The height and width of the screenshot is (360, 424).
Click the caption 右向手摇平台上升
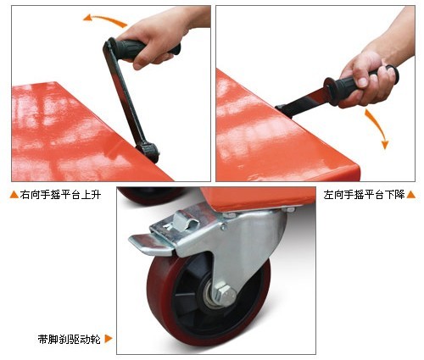[60, 195]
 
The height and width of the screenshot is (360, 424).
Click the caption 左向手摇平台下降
[365, 195]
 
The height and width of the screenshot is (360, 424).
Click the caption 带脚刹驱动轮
[70, 339]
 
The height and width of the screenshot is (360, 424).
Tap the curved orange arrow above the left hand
[105, 19]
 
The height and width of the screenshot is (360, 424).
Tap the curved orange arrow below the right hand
[378, 126]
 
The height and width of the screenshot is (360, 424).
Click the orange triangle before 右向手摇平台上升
[14, 195]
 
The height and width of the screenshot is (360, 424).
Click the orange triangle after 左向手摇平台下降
[411, 195]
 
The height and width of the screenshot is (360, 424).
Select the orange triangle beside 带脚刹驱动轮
[109, 339]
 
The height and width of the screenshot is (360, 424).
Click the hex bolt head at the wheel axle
[226, 295]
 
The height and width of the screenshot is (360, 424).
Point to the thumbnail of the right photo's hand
[362, 82]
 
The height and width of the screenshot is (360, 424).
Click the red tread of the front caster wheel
[159, 299]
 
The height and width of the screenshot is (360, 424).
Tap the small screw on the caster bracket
[224, 226]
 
